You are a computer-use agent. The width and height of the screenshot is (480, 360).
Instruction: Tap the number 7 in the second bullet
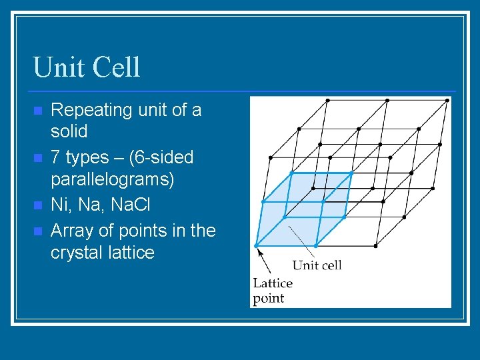click(56, 157)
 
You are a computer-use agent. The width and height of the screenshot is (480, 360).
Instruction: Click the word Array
click(71, 231)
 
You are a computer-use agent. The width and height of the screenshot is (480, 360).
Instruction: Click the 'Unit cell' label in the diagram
click(317, 265)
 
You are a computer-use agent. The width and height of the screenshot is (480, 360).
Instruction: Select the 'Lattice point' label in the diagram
click(272, 291)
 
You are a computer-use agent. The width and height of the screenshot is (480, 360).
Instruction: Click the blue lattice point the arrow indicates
click(256, 246)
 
